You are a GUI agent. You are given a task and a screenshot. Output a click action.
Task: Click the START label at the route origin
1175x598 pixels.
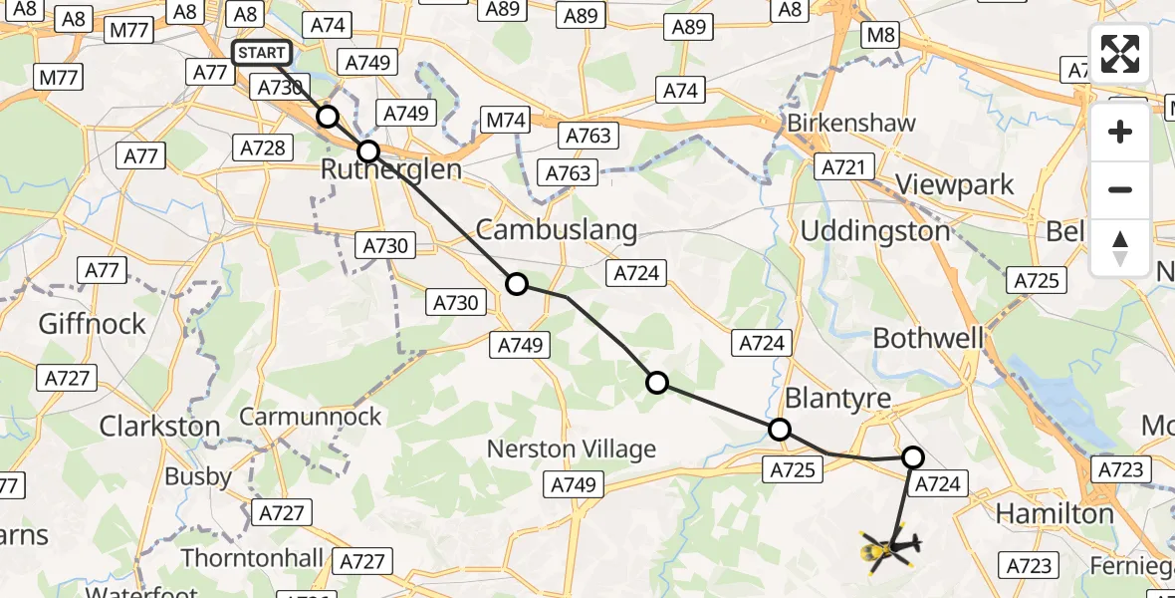point(262,53)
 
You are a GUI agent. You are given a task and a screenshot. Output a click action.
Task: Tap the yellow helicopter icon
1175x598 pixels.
point(887,547)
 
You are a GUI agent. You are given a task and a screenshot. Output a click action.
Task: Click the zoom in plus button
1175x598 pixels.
point(1120,133)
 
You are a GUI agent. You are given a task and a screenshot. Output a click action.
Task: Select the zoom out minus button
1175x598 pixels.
point(1120,189)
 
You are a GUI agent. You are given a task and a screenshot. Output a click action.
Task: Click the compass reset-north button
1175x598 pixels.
point(1120,247)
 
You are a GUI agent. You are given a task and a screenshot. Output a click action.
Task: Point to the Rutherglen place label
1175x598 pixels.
point(390,170)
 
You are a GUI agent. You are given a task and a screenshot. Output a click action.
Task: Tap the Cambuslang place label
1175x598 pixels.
point(557,230)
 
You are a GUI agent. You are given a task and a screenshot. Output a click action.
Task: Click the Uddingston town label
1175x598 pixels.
point(876,231)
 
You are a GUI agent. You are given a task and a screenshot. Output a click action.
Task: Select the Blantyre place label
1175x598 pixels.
point(838,398)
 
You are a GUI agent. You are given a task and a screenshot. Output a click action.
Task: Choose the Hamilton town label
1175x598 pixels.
point(1056,514)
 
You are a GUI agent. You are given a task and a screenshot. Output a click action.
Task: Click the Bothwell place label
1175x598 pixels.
point(928,339)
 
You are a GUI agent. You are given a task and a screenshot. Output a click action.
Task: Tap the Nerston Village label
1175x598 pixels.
point(572,449)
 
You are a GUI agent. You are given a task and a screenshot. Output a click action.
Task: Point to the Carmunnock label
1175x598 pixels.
point(311,417)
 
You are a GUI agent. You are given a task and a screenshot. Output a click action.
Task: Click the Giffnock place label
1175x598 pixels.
point(92,324)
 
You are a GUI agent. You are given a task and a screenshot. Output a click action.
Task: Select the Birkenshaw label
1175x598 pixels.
point(851,124)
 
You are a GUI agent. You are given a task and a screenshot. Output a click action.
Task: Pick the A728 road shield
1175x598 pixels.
point(263,149)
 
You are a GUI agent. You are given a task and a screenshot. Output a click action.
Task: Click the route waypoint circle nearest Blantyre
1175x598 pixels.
point(780,430)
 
